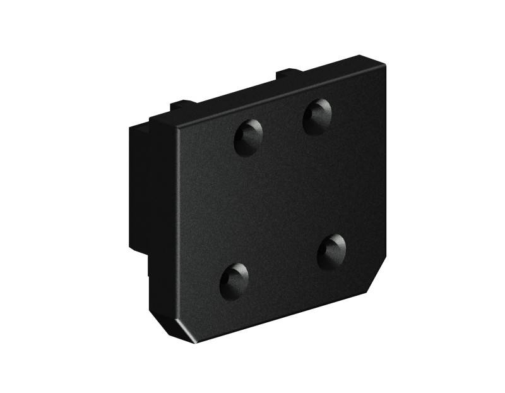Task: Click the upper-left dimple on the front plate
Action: (x=248, y=137)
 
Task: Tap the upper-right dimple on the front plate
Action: (x=317, y=116)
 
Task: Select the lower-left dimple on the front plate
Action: (x=234, y=280)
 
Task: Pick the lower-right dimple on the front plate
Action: (x=331, y=250)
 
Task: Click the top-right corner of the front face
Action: (x=385, y=64)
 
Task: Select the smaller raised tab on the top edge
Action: (x=184, y=103)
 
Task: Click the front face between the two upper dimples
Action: (x=283, y=126)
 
